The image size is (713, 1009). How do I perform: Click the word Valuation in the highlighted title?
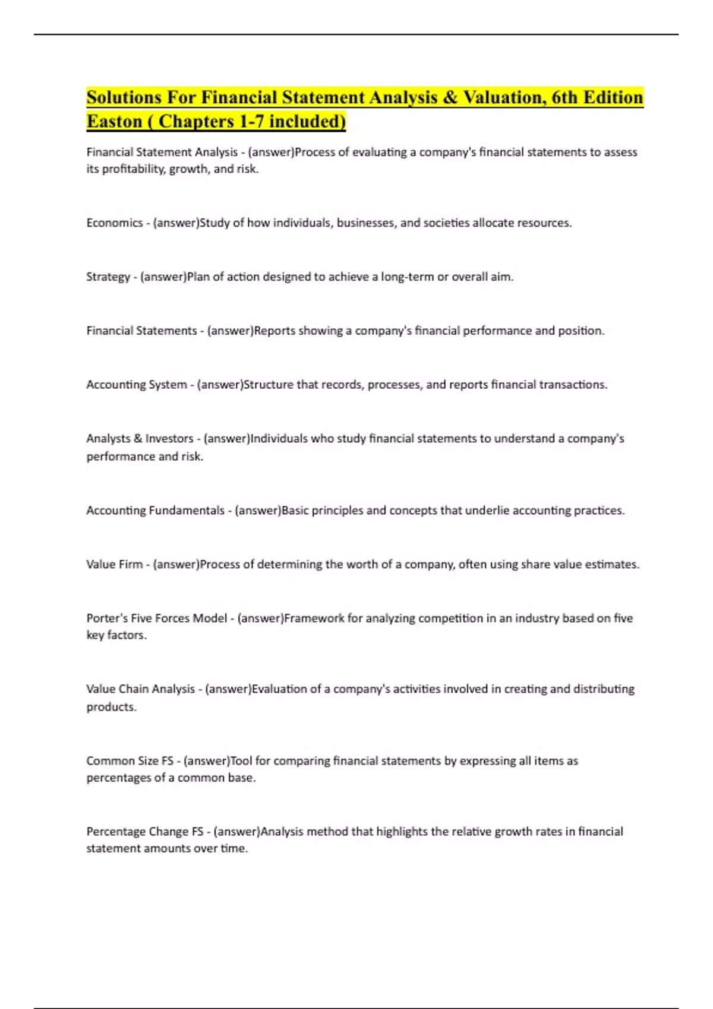click(503, 97)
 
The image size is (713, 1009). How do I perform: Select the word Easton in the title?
click(114, 121)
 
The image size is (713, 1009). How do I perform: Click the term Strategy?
click(108, 277)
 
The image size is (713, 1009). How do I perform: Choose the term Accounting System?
click(137, 385)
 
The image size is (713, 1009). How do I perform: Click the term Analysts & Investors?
click(140, 439)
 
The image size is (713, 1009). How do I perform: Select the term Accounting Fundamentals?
click(155, 510)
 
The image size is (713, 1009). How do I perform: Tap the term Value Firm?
click(114, 564)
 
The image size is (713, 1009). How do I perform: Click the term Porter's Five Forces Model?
click(157, 618)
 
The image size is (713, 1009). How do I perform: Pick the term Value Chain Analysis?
click(140, 689)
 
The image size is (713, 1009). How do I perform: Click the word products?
click(111, 707)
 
